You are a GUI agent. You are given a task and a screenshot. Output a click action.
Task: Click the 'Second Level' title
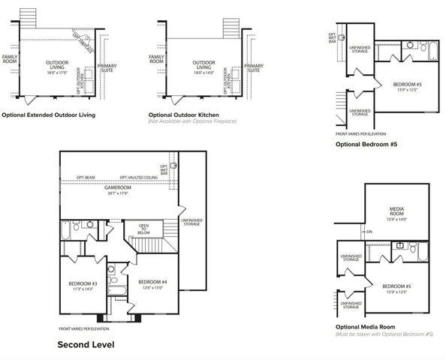coord(86,345)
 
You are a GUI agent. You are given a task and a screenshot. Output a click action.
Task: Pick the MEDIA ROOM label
coord(397,211)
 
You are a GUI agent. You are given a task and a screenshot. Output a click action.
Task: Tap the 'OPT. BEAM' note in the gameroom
coord(86,178)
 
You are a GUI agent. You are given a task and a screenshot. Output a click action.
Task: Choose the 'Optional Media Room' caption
coord(364,328)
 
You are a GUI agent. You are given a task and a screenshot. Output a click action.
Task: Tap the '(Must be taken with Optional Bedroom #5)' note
coord(384,334)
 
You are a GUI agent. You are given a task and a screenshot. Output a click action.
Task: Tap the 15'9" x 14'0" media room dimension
coord(397,220)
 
